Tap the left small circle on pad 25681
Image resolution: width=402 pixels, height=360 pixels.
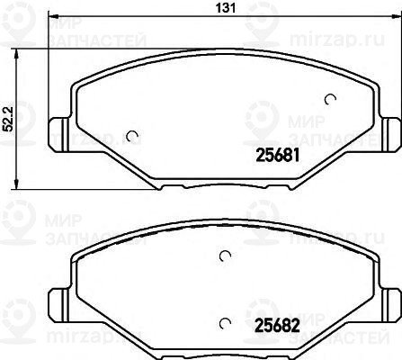tap(133, 137)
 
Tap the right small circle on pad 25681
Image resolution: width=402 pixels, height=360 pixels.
tap(330, 99)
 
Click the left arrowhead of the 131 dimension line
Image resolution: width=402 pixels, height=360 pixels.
tap(50, 18)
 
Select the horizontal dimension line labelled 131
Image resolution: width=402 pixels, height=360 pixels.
tap(135, 18)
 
